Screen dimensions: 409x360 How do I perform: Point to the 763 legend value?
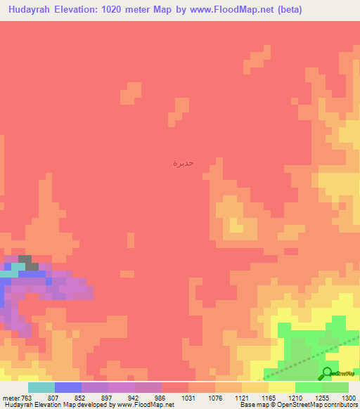27,397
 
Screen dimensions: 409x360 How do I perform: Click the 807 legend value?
54,397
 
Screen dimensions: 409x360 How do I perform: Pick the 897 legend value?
108,397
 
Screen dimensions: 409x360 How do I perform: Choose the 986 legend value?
161,397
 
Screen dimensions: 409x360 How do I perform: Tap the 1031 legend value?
188,397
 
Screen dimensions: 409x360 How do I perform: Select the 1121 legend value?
241,397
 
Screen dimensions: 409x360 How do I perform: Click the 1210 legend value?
295,397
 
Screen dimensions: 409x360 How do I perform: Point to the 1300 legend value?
347,397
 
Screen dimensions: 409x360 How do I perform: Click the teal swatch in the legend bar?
41,387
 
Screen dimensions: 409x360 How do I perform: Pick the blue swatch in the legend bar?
67,387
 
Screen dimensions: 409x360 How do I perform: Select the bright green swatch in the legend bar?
308,387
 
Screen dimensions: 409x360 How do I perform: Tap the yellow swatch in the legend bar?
281,387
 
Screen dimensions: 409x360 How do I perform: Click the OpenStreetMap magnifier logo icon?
327,373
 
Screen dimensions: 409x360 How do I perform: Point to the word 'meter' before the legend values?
11,397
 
